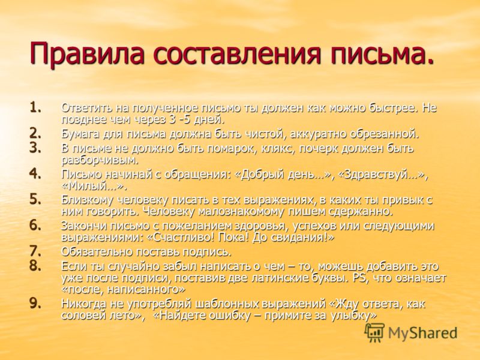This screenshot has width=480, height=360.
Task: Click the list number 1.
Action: pos(37,107)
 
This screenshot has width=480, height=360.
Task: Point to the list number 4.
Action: pos(35,173)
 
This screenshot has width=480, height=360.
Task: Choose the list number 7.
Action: pos(35,251)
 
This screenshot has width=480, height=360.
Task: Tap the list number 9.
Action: pos(35,303)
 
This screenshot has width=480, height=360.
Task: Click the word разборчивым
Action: pos(100,160)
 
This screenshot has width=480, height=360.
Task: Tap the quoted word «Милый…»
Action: pos(94,186)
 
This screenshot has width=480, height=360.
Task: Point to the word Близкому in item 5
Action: pos(85,200)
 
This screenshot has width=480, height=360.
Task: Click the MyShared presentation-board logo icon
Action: pos(374,332)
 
